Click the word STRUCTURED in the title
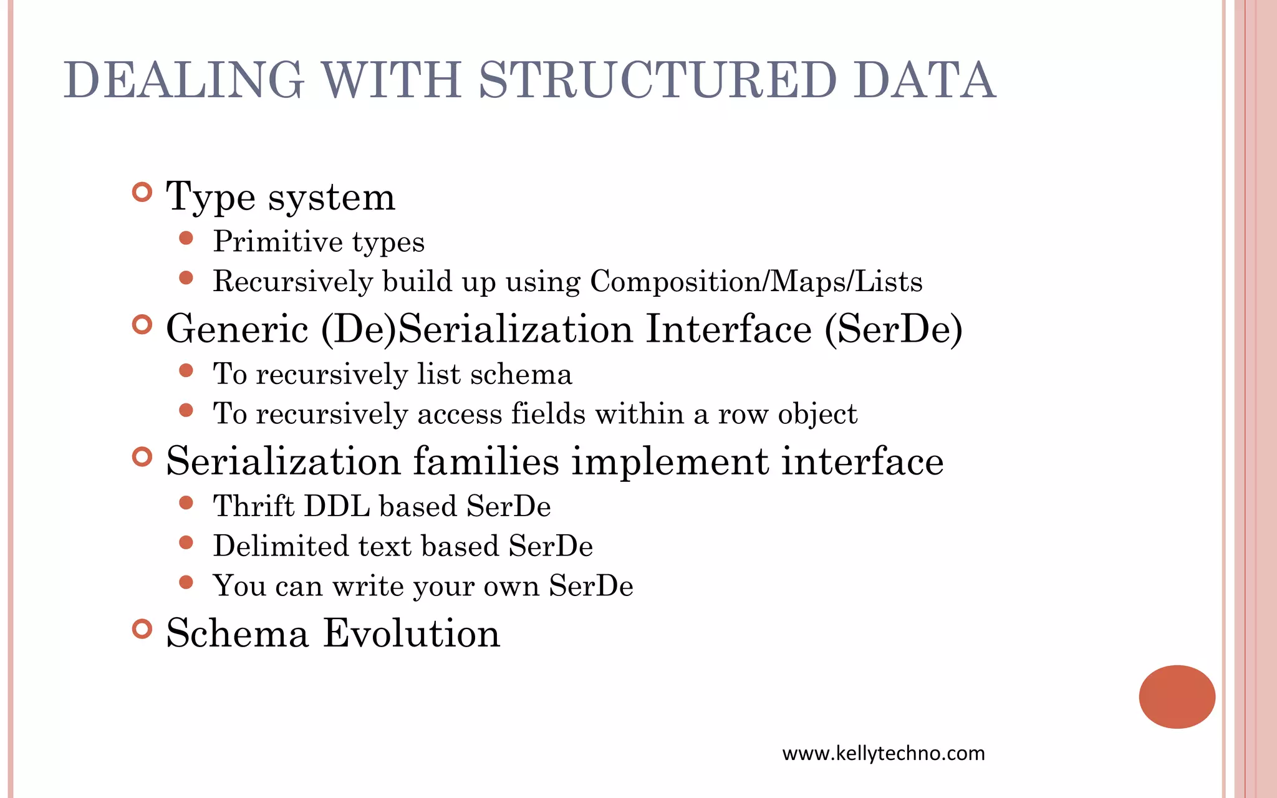[657, 80]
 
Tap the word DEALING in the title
[184, 80]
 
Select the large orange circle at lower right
[1177, 696]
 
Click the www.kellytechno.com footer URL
[884, 753]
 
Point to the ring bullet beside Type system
[142, 192]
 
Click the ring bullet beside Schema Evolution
[142, 628]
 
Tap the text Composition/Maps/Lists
[756, 281]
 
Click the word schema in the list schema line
[521, 374]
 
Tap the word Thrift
[254, 506]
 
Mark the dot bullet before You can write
[186, 582]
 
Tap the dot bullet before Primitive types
[186, 238]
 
